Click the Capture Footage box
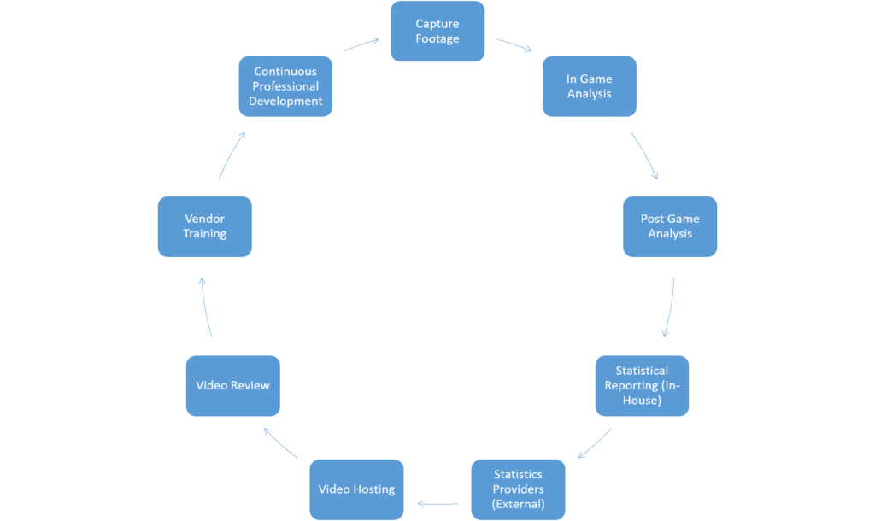[437, 32]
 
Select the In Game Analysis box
[590, 86]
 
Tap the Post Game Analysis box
[670, 226]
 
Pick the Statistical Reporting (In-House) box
[642, 386]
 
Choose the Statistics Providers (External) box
[518, 489]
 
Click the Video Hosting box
[356, 489]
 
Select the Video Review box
[232, 386]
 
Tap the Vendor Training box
[205, 226]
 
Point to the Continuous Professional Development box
[285, 86]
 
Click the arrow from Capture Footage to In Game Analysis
[514, 44]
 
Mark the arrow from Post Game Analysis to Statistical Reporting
[670, 308]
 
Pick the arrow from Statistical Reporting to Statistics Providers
[596, 444]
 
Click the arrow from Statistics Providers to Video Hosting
[438, 504]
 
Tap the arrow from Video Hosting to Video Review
[279, 442]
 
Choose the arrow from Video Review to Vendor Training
[205, 307]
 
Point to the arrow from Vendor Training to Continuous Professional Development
[231, 155]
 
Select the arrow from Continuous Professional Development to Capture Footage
[361, 44]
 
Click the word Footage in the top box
[437, 38]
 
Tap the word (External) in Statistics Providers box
[518, 504]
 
